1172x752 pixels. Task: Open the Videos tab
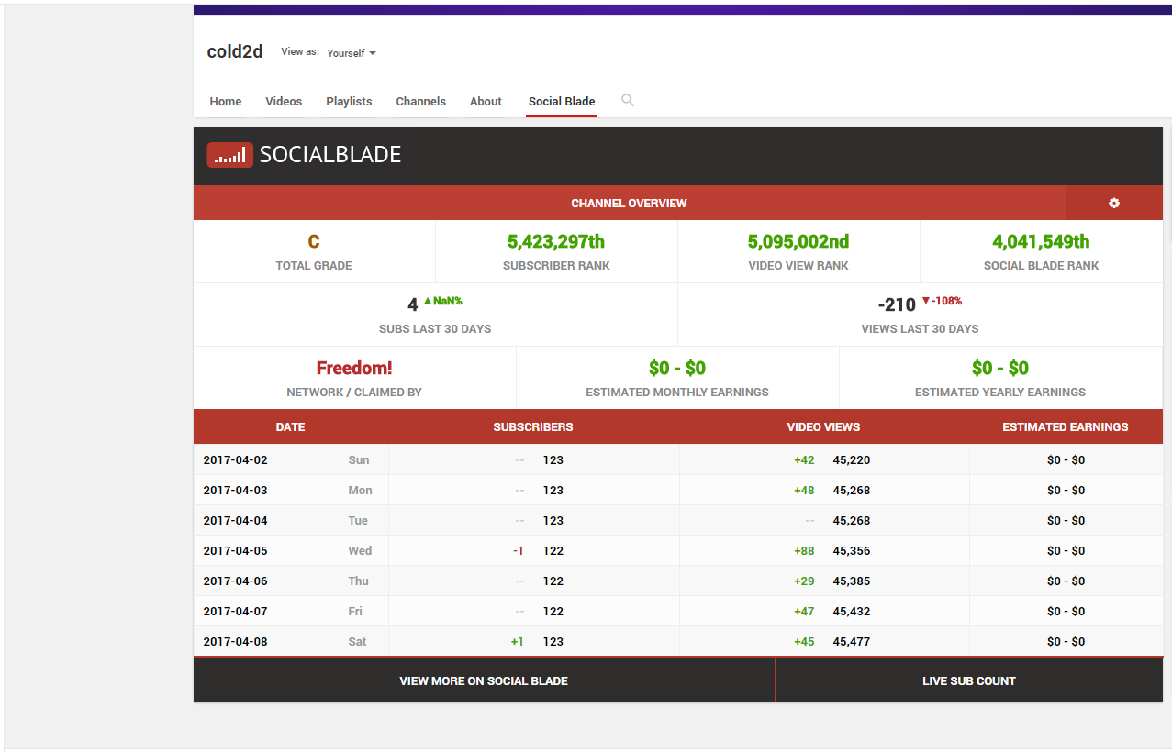point(284,102)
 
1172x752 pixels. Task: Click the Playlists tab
point(349,102)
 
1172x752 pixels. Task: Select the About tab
point(486,102)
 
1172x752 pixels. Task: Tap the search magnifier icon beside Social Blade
point(628,100)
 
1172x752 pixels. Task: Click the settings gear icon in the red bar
point(1114,203)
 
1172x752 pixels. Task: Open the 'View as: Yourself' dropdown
point(352,53)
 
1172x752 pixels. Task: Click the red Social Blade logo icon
point(229,155)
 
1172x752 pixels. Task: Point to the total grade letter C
point(314,242)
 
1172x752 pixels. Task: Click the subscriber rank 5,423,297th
point(556,242)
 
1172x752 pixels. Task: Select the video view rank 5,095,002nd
point(798,242)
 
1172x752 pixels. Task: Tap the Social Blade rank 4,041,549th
point(1041,242)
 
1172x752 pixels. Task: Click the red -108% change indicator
point(942,301)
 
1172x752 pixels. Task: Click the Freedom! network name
point(354,369)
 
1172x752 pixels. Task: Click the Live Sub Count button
point(969,681)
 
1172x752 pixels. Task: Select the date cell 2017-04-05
point(236,551)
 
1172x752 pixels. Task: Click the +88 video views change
point(804,551)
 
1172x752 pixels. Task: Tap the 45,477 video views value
point(852,642)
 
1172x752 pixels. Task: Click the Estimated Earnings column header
point(1066,427)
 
